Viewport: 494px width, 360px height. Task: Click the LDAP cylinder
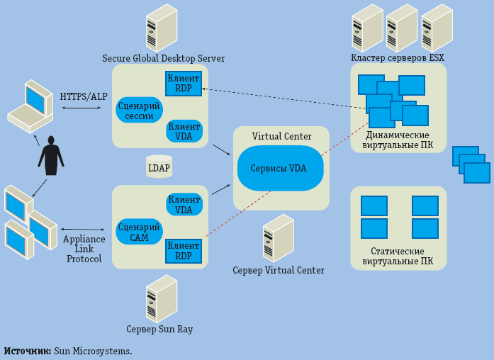tap(159, 167)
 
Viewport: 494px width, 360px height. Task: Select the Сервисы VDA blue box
tap(280, 168)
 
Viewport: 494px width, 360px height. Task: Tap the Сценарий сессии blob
tap(140, 110)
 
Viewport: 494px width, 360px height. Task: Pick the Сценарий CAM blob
tap(140, 232)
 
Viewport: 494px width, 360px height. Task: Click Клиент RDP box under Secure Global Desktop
tap(184, 84)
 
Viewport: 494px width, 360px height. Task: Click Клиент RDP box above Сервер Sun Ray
tap(184, 251)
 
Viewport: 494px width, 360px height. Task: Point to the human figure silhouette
tap(51, 155)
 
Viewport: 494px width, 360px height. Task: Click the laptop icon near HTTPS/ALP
tap(30, 106)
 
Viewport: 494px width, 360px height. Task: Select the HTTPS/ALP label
tap(84, 96)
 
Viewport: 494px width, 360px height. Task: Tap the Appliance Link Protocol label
tap(84, 249)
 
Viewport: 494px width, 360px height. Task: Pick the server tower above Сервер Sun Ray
tap(162, 298)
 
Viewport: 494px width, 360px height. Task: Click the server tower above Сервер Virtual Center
tap(279, 238)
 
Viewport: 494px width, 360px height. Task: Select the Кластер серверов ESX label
tap(398, 58)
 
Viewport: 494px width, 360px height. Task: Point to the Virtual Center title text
tap(281, 136)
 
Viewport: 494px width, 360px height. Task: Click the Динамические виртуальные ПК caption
tap(398, 140)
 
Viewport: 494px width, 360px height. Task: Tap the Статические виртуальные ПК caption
tap(398, 257)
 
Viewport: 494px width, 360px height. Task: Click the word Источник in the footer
tap(27, 351)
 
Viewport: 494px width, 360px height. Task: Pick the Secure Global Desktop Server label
tap(164, 58)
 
